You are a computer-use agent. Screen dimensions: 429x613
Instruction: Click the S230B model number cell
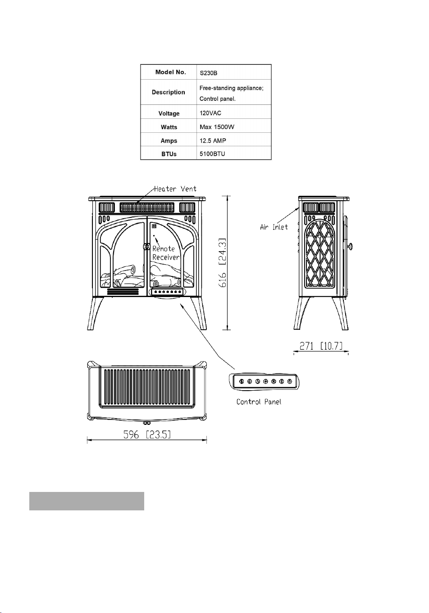(208, 73)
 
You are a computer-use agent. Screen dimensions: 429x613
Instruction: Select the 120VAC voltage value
(210, 113)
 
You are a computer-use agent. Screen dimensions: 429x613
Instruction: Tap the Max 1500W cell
(217, 127)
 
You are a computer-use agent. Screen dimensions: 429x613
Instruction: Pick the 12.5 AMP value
(213, 141)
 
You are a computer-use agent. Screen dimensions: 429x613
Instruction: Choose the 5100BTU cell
(212, 154)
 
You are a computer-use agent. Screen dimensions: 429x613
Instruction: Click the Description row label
(168, 92)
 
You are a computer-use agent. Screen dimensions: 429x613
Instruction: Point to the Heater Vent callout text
(175, 189)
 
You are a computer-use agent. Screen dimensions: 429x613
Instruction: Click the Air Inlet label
(274, 227)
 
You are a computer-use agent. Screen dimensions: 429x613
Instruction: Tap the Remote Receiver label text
(166, 253)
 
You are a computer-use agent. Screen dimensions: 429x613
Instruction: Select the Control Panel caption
(259, 402)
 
